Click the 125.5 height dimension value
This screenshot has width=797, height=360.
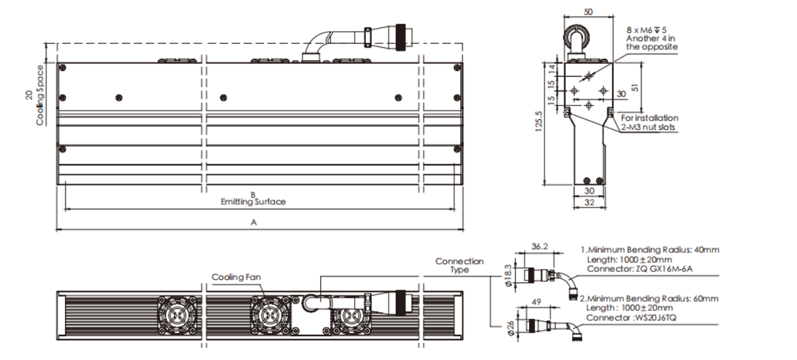(538, 122)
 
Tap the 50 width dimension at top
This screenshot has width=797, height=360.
(588, 12)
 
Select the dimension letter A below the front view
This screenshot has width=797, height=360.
(254, 222)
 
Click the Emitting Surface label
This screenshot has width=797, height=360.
(253, 202)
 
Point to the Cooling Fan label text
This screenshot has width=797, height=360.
(236, 276)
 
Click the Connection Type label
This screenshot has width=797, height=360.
(460, 265)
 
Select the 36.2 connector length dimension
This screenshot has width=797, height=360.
(539, 246)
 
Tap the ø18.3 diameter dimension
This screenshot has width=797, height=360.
(509, 275)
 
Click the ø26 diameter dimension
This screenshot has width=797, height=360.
(510, 328)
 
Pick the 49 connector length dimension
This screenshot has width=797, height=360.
(536, 302)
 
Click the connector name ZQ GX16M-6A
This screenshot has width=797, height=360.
(664, 269)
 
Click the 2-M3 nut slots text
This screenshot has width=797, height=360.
(648, 127)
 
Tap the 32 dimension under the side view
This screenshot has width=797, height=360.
(589, 202)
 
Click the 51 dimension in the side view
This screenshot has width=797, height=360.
(635, 88)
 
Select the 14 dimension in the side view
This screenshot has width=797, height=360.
(552, 69)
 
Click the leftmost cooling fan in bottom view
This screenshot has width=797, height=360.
(177, 316)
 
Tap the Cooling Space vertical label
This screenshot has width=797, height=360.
(40, 95)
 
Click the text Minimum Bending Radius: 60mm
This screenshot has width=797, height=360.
(652, 298)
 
